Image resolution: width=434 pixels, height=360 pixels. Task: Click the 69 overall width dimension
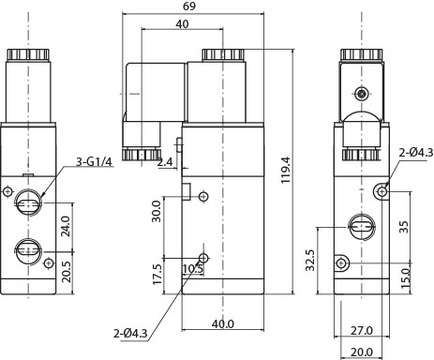189,7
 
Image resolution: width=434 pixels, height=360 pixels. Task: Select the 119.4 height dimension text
286,171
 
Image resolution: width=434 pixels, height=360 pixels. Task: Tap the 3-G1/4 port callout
94,162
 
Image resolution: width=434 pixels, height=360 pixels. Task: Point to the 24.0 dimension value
67,226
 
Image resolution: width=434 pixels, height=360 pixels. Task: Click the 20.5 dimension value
67,272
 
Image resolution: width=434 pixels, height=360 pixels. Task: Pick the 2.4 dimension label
165,162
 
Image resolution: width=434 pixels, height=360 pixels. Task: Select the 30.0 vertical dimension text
156,212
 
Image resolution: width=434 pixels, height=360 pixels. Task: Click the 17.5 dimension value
157,275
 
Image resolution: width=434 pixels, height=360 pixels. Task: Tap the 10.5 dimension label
193,268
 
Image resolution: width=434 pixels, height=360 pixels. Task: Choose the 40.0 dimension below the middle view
223,324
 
